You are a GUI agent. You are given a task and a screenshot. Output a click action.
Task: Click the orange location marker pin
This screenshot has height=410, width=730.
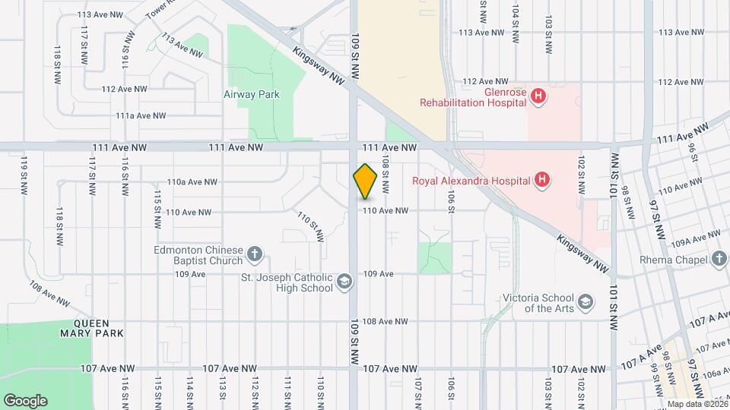[x=366, y=181]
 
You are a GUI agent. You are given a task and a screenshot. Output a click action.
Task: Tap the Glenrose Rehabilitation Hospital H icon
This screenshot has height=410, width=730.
[x=538, y=96]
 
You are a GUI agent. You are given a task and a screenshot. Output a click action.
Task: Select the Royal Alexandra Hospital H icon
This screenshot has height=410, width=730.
[x=541, y=181]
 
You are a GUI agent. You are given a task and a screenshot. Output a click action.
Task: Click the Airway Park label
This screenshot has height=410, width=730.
[x=252, y=95]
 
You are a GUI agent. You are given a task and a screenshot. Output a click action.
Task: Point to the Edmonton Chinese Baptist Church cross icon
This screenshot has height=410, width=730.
[x=255, y=253]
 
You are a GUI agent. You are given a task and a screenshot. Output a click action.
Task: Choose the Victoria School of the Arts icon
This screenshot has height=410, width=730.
[x=586, y=303]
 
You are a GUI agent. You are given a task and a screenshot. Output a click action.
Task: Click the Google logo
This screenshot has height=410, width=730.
[x=25, y=400]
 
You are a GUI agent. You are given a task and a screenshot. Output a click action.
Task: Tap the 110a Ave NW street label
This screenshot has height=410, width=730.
[x=192, y=182]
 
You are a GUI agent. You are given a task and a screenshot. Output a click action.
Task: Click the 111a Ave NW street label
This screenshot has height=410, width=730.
[x=141, y=116]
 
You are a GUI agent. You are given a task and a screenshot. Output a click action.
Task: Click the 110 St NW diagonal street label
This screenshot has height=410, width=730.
[x=310, y=227]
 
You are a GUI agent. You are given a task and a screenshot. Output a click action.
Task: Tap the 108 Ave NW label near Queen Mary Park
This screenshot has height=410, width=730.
[x=49, y=295]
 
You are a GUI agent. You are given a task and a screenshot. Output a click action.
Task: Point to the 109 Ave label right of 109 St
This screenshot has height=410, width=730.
[x=378, y=273]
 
